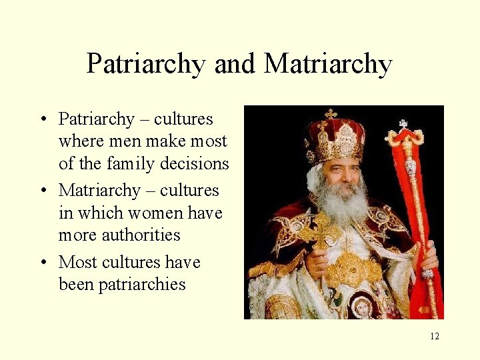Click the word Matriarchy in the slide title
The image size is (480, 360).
point(328,65)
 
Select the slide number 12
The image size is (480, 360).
point(435,336)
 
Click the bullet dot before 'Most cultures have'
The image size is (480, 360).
point(42,262)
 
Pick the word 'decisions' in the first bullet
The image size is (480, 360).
point(198,163)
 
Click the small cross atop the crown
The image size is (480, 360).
point(330,114)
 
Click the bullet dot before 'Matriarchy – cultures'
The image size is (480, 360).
point(42,191)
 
